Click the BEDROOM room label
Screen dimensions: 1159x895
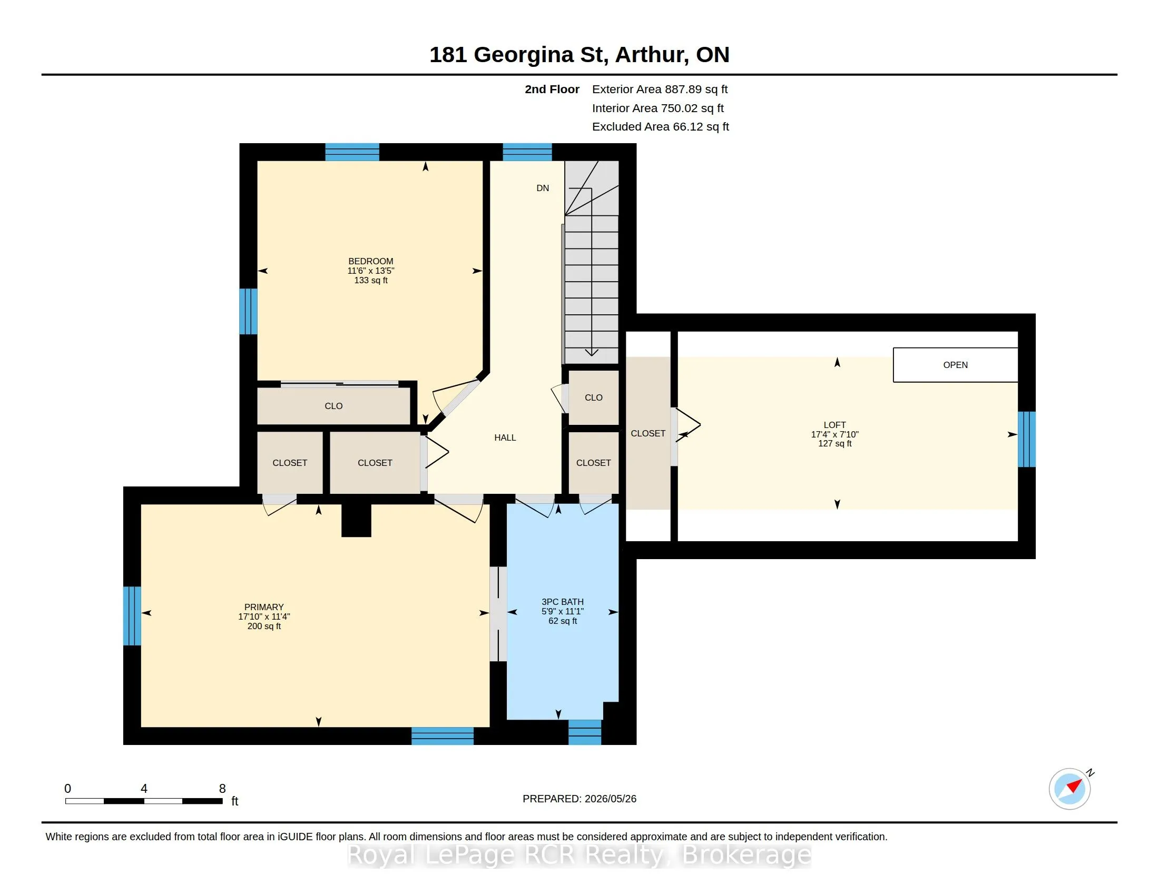(x=370, y=261)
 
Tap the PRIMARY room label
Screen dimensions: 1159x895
(x=264, y=607)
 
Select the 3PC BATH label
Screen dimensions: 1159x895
(x=563, y=602)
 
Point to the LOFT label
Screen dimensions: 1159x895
(x=835, y=425)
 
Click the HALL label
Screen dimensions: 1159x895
(x=505, y=437)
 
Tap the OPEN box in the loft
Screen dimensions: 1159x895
(x=955, y=365)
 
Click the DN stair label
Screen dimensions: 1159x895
(x=542, y=188)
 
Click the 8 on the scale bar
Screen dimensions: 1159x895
(x=222, y=789)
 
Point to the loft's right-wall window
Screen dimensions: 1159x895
(x=1027, y=439)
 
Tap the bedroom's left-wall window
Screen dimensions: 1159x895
(x=248, y=311)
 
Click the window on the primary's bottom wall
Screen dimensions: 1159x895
(x=443, y=736)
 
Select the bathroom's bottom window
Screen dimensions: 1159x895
(x=585, y=732)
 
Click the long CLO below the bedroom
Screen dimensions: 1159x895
(x=334, y=406)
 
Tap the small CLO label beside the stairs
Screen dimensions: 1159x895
(x=593, y=397)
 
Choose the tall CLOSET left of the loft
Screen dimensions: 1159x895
(x=648, y=433)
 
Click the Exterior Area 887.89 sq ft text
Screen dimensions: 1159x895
(x=660, y=89)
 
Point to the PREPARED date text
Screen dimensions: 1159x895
(x=579, y=799)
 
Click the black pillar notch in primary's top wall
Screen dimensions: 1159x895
(x=356, y=520)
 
